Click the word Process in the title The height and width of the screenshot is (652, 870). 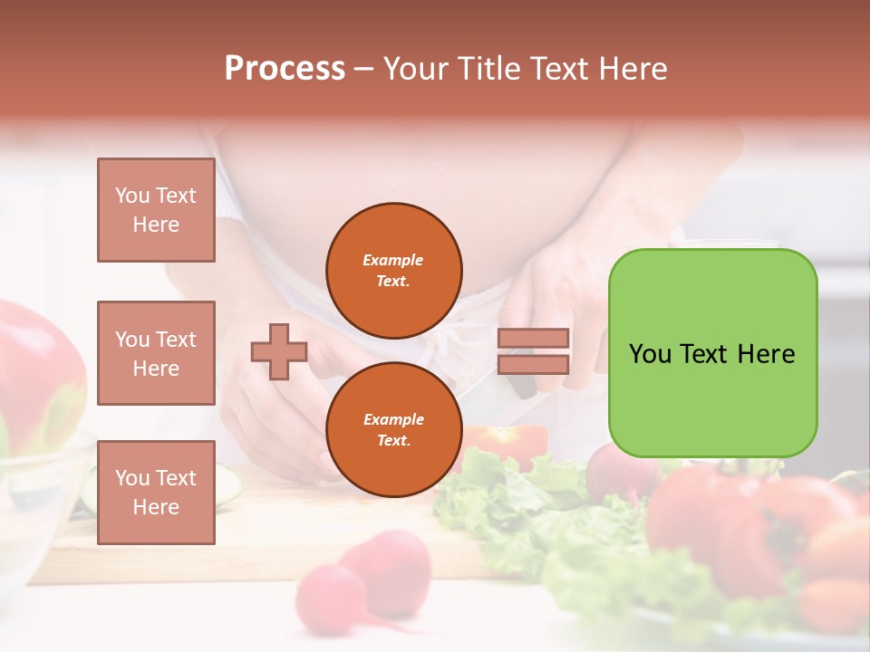[285, 69]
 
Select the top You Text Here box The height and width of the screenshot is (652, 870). [156, 210]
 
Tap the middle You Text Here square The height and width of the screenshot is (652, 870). [156, 353]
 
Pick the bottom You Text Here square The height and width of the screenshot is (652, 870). [156, 492]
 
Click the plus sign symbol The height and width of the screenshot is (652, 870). [279, 351]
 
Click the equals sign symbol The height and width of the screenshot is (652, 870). [534, 351]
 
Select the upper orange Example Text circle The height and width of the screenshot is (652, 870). [394, 270]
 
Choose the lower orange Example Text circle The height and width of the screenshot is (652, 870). [394, 429]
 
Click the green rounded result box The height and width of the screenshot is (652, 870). [712, 353]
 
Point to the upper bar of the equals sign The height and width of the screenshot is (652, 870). [534, 339]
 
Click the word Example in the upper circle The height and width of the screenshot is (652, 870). [393, 260]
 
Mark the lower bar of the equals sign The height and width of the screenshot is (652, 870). [534, 364]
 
